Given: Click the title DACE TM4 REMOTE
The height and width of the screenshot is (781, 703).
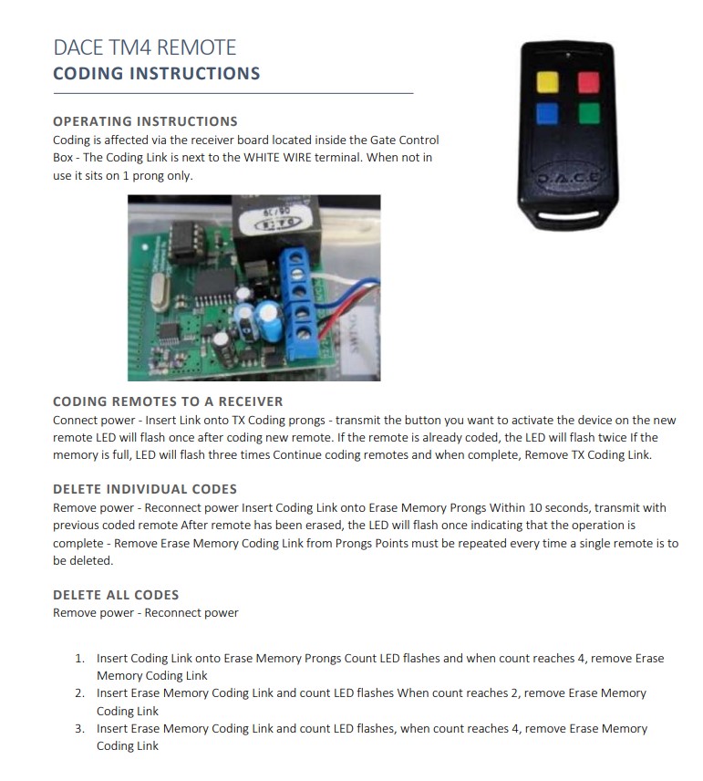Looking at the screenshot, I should tap(144, 47).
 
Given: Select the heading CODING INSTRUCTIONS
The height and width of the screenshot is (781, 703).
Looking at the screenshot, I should tap(156, 74).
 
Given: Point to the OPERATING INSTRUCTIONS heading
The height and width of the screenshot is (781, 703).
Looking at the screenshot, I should tap(145, 121).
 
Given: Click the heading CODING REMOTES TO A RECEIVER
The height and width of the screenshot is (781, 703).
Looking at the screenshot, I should tap(168, 401).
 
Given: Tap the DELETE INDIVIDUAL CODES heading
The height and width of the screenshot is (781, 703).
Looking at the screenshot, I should tap(145, 489).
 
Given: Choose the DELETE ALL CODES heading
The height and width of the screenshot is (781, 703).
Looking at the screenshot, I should tap(116, 595).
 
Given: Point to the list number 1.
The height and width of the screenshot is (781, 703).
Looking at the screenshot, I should tap(79, 658).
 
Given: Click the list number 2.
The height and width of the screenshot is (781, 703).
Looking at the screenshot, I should tap(79, 693).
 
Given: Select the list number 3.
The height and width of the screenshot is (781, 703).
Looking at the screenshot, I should tap(79, 728).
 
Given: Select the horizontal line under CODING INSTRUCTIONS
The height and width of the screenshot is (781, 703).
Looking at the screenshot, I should tap(233, 93).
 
